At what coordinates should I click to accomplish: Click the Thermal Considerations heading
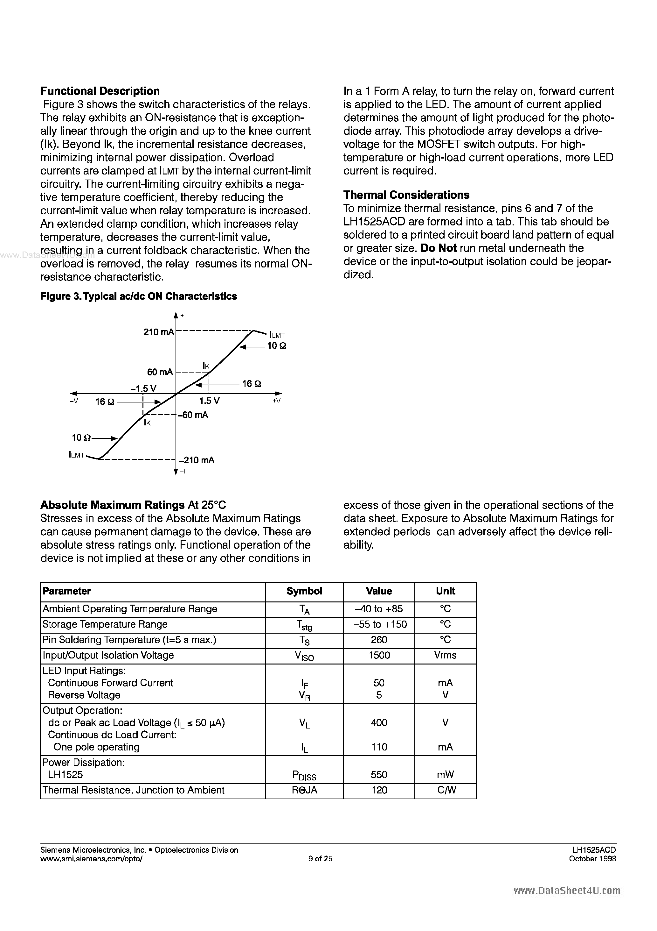(x=406, y=195)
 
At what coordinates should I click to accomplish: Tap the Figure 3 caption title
(x=139, y=296)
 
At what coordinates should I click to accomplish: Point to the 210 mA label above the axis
(x=158, y=332)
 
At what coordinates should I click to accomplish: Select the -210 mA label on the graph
(x=197, y=460)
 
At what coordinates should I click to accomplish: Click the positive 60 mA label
(x=160, y=372)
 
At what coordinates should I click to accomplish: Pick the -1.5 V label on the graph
(x=143, y=388)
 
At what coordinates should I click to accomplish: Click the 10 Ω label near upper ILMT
(x=277, y=346)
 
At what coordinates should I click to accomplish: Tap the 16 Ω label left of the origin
(x=105, y=402)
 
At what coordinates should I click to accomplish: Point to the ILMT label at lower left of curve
(x=77, y=455)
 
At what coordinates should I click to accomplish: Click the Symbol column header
(x=304, y=591)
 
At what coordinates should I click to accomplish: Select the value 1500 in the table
(x=379, y=655)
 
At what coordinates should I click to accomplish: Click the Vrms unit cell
(x=445, y=655)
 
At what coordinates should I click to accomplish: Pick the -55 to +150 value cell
(x=379, y=624)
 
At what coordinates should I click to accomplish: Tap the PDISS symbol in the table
(x=304, y=775)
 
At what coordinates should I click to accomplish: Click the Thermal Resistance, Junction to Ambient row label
(x=133, y=790)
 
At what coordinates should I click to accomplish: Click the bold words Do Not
(x=439, y=248)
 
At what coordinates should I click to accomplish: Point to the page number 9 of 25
(x=320, y=858)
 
